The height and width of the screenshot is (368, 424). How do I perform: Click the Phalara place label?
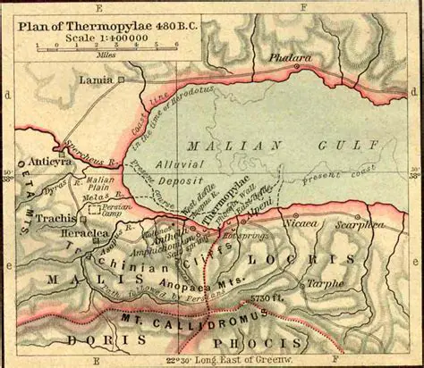tap(293, 58)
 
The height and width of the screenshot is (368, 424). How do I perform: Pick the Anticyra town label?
tap(49, 162)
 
